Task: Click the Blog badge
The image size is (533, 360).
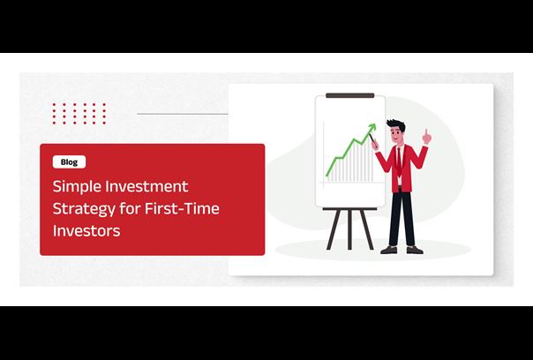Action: (69, 162)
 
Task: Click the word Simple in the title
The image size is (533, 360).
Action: (77, 187)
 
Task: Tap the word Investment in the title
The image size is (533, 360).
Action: (146, 186)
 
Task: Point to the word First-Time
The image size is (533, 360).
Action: (182, 208)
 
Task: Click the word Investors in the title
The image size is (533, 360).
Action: (86, 230)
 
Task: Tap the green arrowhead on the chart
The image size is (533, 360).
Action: (372, 127)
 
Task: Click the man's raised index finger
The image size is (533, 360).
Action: (425, 133)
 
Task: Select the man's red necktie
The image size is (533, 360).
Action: (399, 162)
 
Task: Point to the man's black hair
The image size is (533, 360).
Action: (397, 124)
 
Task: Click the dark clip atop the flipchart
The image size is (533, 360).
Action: (349, 95)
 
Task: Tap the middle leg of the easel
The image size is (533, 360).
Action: (349, 229)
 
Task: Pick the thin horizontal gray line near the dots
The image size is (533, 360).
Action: (183, 114)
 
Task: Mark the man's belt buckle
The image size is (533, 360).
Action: (400, 188)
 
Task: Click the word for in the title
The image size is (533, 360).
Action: (130, 208)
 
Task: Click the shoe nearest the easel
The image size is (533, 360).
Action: (389, 250)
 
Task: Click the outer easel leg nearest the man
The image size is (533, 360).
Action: (366, 229)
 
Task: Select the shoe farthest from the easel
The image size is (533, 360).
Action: (415, 250)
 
